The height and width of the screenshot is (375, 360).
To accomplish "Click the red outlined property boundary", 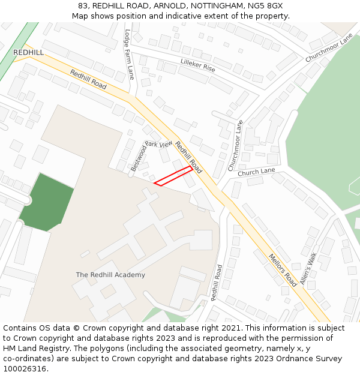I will click(x=174, y=176).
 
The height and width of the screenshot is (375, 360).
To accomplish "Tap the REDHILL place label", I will click(x=28, y=53).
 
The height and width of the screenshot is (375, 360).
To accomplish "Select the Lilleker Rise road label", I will click(x=197, y=66).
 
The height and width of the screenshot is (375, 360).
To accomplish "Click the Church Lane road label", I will click(x=256, y=172).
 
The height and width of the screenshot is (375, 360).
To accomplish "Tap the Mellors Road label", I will click(x=283, y=269).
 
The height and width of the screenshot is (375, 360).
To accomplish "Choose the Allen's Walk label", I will click(x=308, y=268).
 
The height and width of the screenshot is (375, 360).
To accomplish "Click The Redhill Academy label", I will click(x=110, y=275).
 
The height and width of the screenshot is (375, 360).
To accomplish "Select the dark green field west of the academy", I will click(x=47, y=203).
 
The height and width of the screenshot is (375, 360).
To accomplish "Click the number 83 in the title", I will click(x=83, y=6).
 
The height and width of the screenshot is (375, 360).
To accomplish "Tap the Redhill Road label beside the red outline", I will click(x=188, y=158).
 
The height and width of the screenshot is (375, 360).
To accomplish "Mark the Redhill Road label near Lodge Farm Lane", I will click(x=88, y=80).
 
